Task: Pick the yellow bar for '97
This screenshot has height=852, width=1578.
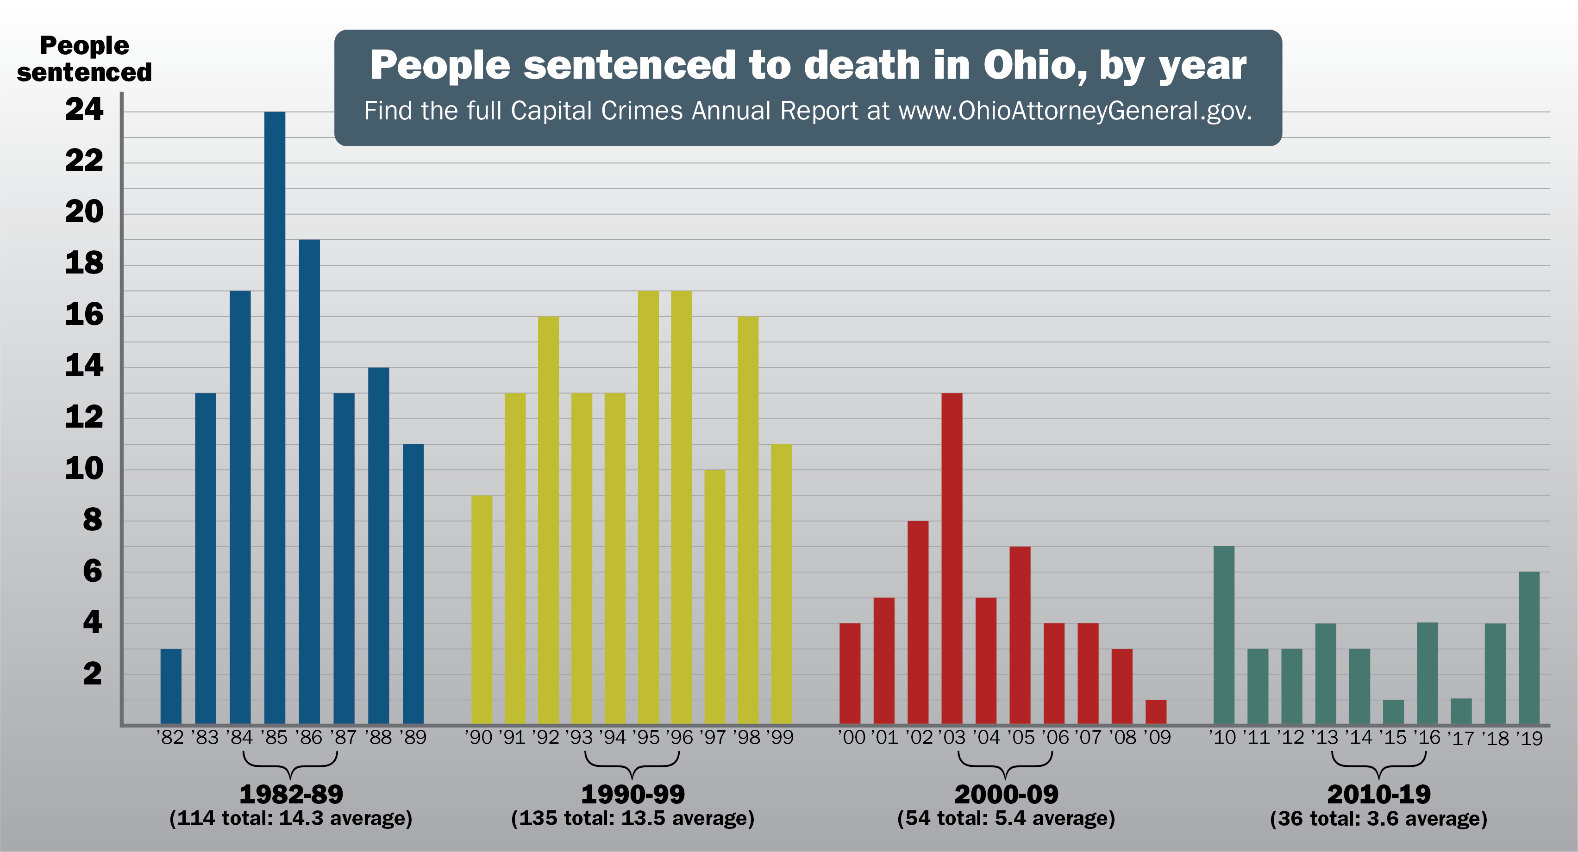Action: tap(714, 597)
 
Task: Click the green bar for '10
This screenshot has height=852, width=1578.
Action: tap(1223, 634)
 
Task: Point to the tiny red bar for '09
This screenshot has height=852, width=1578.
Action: tap(1155, 712)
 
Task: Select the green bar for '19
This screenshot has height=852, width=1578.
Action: tap(1528, 647)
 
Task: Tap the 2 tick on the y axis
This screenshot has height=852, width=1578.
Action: tap(92, 674)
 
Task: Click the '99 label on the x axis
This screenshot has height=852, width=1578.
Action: tap(780, 738)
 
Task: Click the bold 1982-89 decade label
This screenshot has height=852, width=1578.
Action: tap(291, 795)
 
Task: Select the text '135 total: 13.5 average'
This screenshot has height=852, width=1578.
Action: tap(633, 818)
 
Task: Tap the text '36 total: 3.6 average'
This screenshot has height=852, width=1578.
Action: tap(1378, 818)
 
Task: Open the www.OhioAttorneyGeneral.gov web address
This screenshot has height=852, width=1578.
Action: tap(1075, 111)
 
